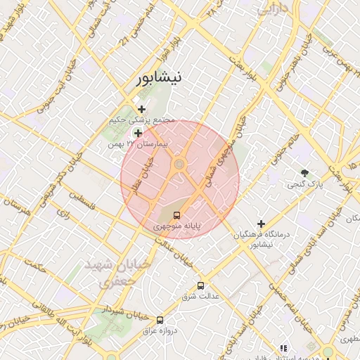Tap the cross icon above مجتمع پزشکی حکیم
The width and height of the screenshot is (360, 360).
[142, 109]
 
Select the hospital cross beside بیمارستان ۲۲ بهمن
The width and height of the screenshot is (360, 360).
[138, 133]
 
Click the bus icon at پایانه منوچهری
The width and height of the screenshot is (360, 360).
[176, 215]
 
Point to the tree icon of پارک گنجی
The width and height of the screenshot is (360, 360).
[304, 173]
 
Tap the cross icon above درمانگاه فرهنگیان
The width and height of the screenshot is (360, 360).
[262, 224]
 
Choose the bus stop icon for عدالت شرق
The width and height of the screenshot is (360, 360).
[201, 285]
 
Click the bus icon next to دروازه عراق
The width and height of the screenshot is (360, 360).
[160, 320]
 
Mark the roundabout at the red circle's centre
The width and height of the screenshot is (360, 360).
[179, 165]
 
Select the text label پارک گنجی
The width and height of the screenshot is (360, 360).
[304, 185]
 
